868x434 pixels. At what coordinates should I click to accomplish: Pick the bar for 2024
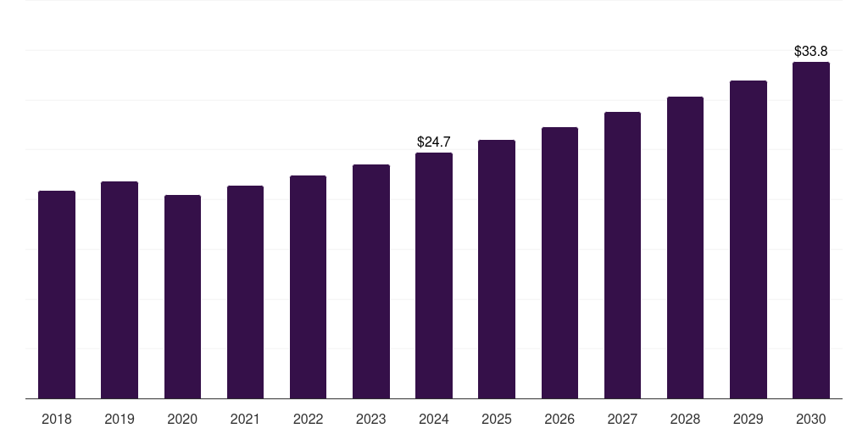click(434, 275)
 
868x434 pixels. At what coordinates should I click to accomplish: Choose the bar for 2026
click(559, 263)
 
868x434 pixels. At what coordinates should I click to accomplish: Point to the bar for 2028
click(685, 248)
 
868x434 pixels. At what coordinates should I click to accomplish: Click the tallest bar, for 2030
click(811, 230)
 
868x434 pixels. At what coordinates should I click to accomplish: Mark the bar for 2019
click(120, 290)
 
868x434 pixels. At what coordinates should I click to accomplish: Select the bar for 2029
click(748, 239)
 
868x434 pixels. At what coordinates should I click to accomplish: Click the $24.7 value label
click(434, 142)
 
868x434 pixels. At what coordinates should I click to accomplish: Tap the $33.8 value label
click(811, 52)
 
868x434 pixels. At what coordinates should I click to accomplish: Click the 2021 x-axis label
click(245, 419)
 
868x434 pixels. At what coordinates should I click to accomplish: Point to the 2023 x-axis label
click(371, 419)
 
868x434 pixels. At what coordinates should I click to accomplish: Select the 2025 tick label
click(497, 419)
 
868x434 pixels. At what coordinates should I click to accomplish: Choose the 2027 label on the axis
click(622, 419)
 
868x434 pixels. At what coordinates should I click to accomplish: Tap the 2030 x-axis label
click(811, 419)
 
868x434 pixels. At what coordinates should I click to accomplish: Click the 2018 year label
click(57, 419)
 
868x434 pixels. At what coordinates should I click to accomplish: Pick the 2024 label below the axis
click(434, 419)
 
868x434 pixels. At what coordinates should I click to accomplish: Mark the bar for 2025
click(497, 269)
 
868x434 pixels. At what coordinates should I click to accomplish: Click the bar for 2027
click(622, 255)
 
